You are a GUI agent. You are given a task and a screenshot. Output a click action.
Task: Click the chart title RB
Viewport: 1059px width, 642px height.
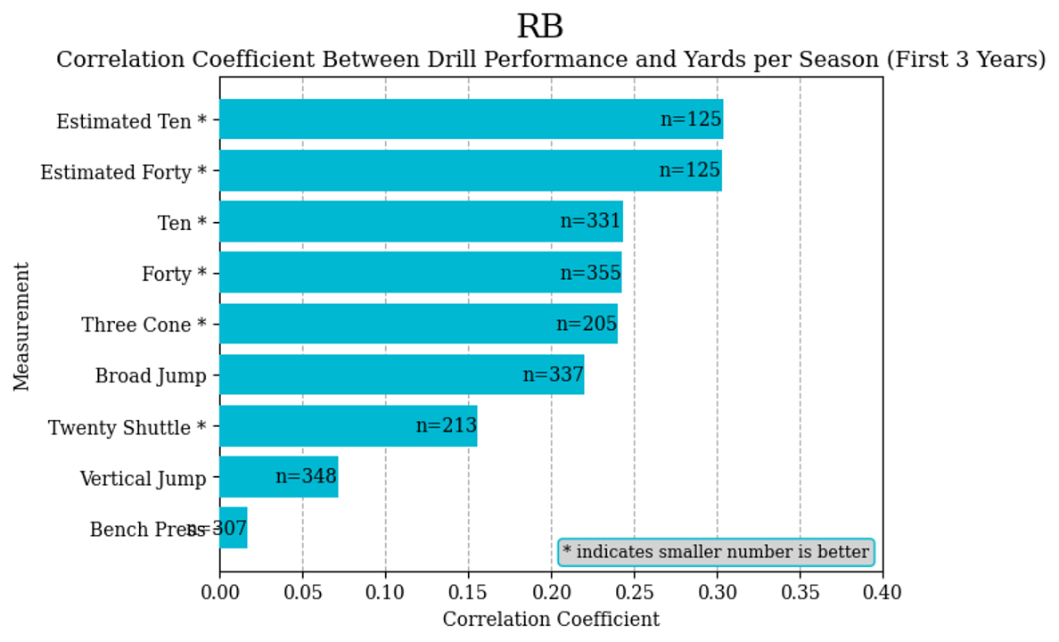click(539, 27)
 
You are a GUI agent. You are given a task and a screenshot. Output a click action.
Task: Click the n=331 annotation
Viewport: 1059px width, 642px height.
click(590, 221)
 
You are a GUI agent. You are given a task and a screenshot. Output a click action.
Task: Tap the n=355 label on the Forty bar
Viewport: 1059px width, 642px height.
click(590, 273)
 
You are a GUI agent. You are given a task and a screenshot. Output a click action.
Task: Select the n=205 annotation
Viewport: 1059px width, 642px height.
click(587, 324)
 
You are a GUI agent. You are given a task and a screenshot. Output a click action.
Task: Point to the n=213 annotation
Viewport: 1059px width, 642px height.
click(446, 426)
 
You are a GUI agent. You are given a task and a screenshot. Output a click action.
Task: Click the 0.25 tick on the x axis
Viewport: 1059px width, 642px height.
click(634, 591)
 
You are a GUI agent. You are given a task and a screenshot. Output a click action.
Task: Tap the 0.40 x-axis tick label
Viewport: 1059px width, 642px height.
click(882, 591)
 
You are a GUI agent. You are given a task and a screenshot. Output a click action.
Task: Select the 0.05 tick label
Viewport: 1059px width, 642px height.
click(302, 591)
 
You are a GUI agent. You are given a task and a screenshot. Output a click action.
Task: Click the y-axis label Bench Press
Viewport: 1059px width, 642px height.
click(148, 531)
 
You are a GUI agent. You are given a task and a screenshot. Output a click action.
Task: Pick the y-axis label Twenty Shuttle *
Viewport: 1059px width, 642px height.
click(127, 428)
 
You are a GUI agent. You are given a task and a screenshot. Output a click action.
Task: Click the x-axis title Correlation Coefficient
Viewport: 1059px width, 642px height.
click(551, 620)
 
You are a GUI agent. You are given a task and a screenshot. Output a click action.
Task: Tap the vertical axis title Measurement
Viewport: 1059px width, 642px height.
click(22, 325)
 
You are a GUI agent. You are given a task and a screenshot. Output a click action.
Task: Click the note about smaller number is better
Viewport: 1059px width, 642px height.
click(716, 552)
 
